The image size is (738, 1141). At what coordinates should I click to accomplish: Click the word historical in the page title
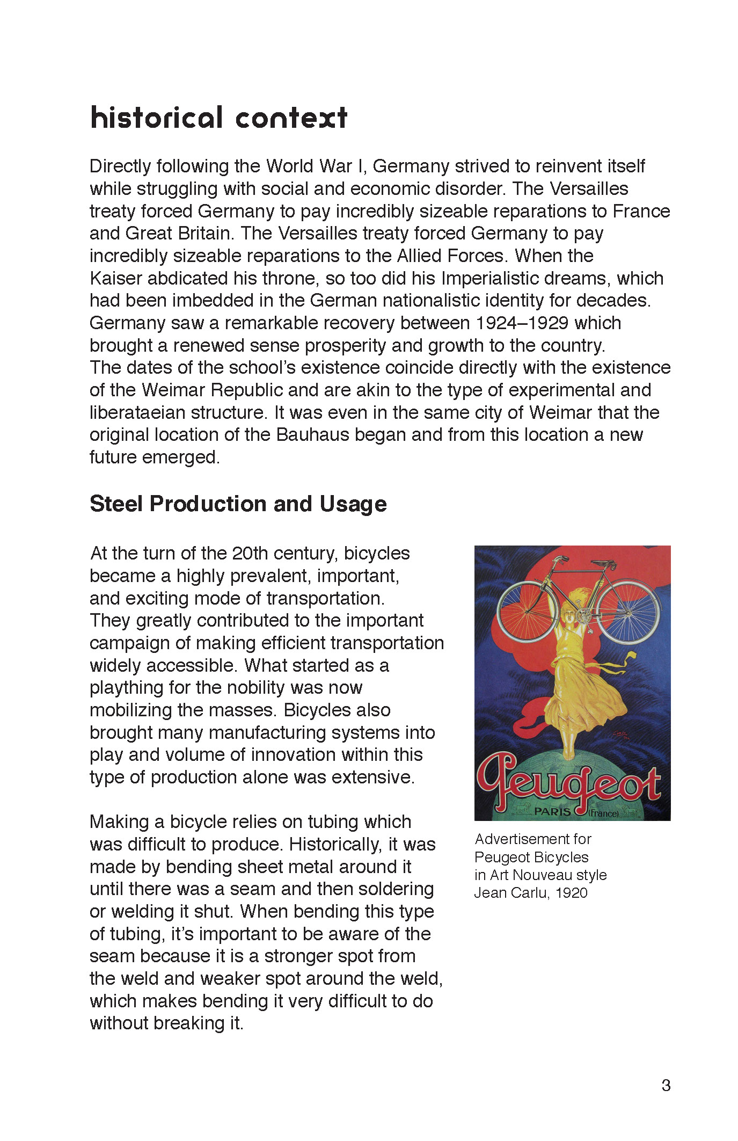tap(156, 118)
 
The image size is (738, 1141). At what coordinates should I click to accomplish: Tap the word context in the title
tap(291, 118)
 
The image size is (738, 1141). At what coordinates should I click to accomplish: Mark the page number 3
tap(666, 1086)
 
